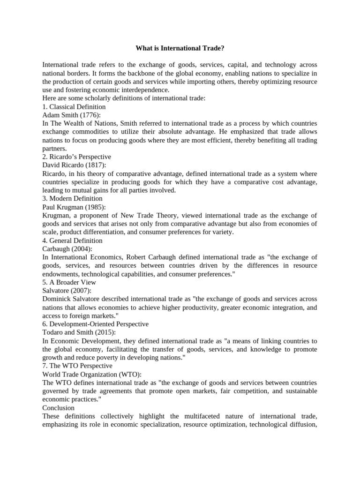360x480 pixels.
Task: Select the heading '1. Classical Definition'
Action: click(x=74, y=107)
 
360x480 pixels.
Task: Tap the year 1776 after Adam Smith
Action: click(x=90, y=115)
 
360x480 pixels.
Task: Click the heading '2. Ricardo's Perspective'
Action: click(x=76, y=157)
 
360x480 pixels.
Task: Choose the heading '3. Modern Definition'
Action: click(x=72, y=198)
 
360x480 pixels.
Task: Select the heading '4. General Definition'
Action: click(x=72, y=240)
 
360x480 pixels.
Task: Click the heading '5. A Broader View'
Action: click(x=69, y=282)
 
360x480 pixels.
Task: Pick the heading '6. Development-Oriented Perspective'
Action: click(x=95, y=324)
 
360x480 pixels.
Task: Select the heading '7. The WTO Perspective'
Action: click(x=77, y=366)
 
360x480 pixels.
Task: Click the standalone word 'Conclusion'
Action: click(x=58, y=408)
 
